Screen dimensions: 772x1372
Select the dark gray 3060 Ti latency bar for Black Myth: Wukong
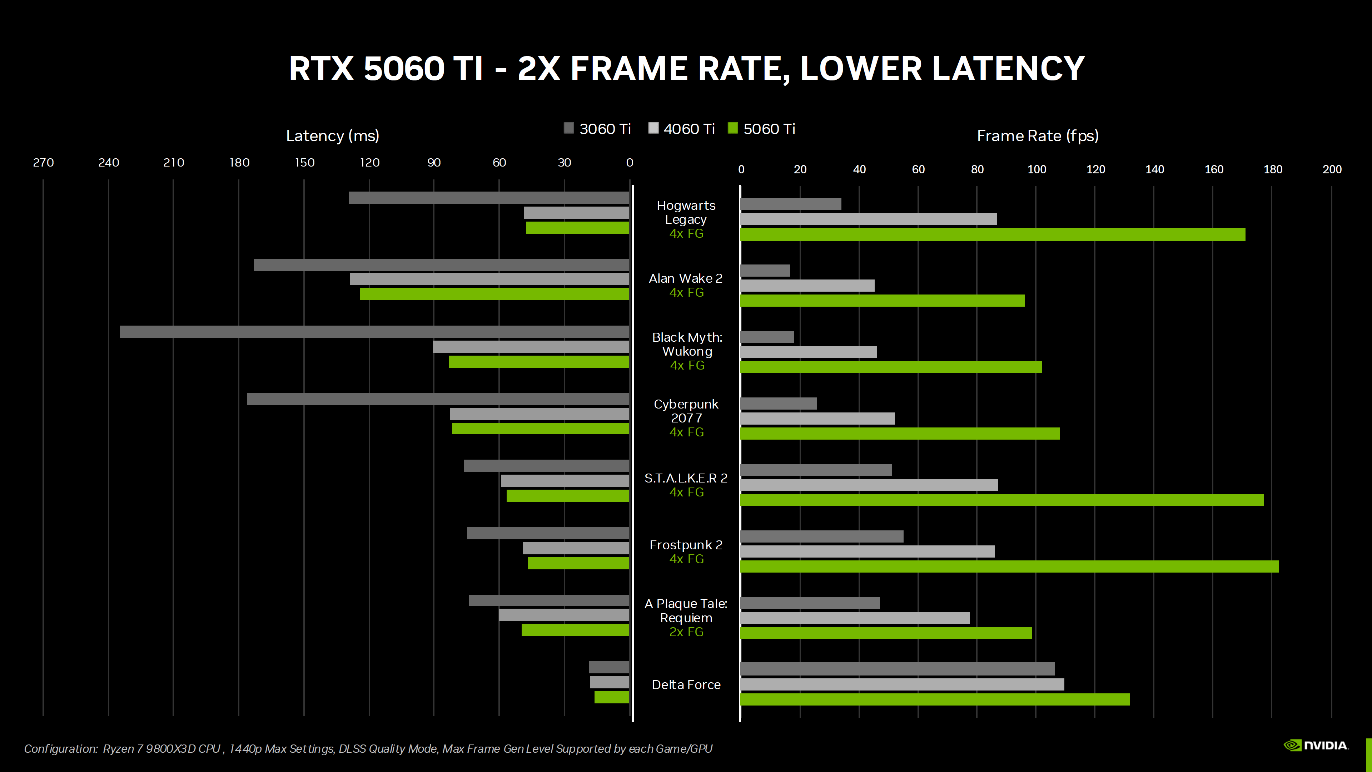[x=374, y=331]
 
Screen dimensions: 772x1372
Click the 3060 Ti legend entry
[x=598, y=129]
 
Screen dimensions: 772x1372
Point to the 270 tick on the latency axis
[x=43, y=163]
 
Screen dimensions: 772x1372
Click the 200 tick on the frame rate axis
[x=1332, y=169]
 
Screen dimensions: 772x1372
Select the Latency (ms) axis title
[x=332, y=136]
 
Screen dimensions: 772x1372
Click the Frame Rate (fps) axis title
[x=1037, y=136]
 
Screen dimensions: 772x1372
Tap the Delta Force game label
[x=686, y=685]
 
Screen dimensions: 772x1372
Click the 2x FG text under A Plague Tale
[x=686, y=632]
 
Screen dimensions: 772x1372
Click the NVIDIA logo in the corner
[x=1316, y=745]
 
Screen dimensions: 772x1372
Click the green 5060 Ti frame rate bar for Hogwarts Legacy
[x=992, y=234]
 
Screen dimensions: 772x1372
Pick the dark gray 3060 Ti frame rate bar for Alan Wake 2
[x=765, y=271]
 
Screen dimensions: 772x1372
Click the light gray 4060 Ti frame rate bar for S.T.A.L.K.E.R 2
[x=869, y=485]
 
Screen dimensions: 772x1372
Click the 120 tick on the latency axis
[x=370, y=163]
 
